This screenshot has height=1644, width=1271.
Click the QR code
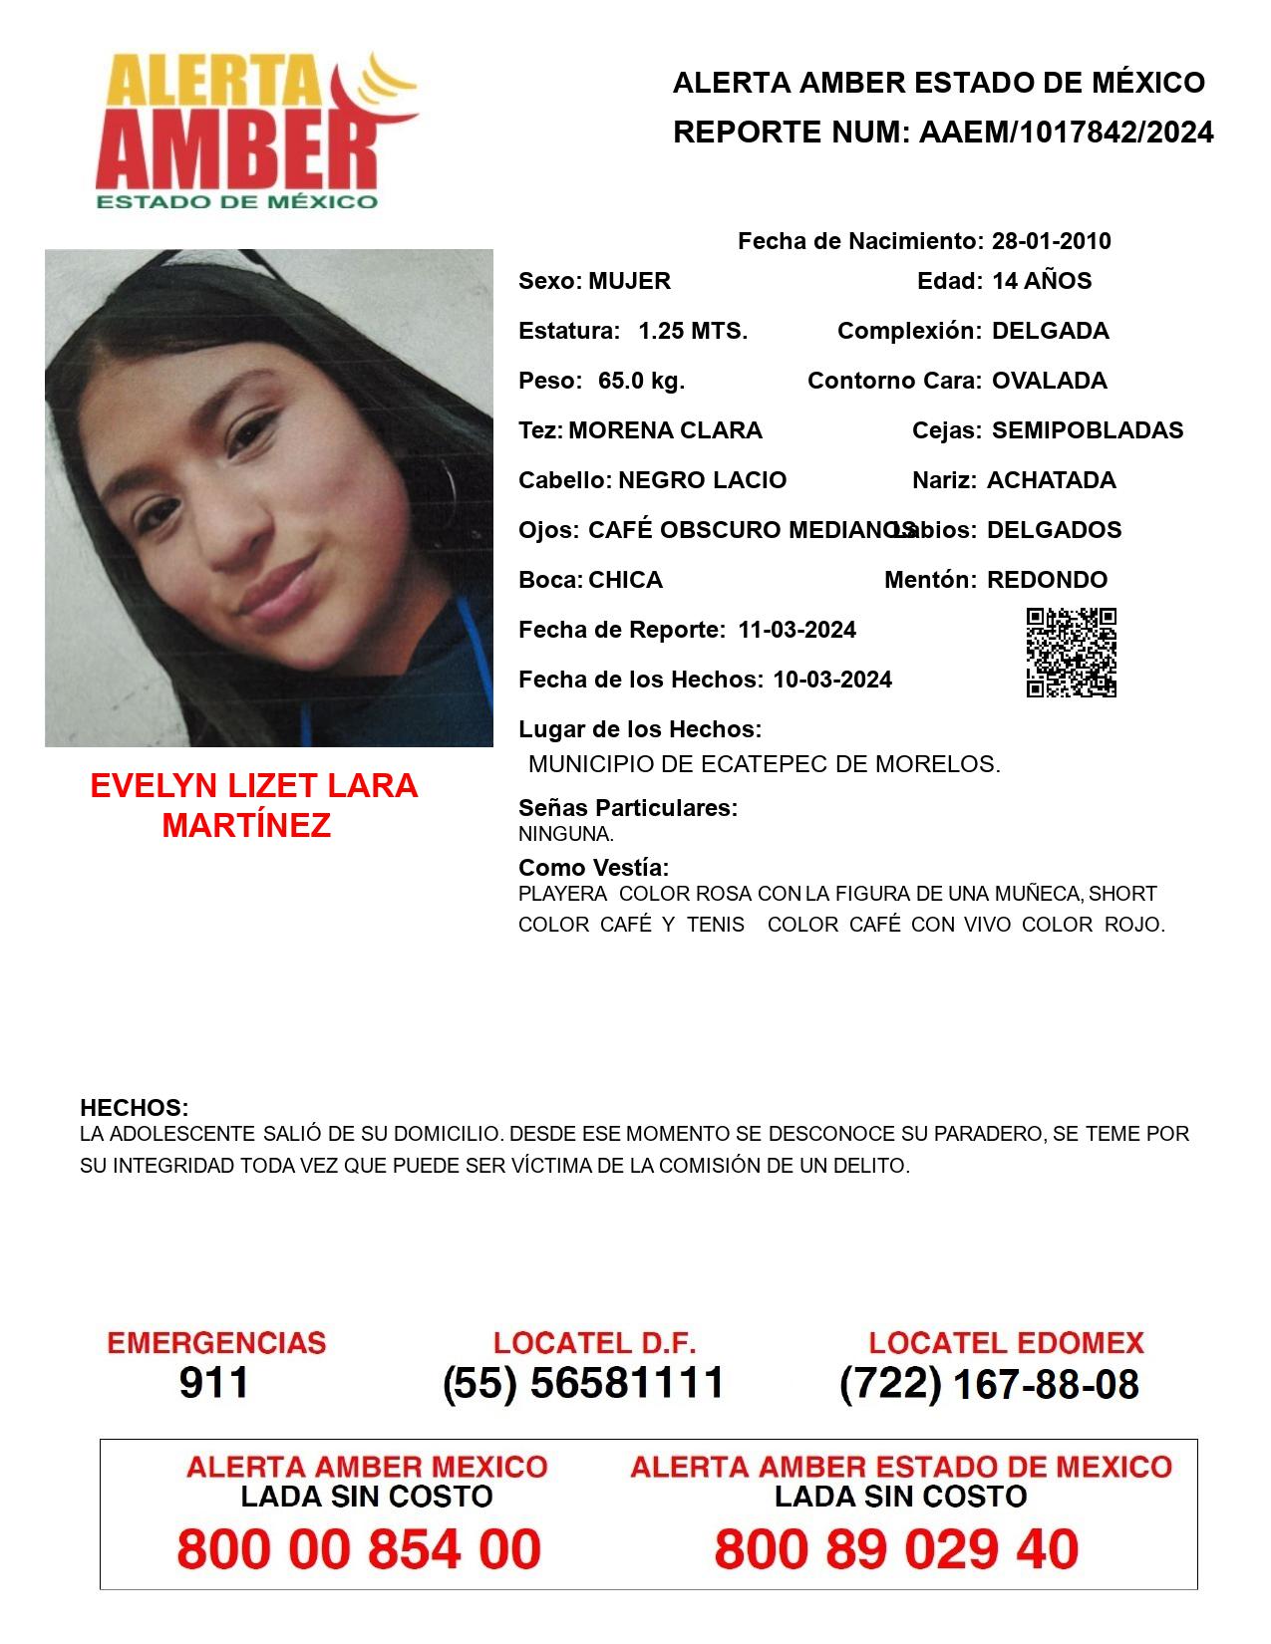(x=1072, y=653)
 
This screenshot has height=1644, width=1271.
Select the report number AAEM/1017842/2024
(x=1066, y=133)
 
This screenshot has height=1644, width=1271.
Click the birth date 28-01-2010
(x=1051, y=241)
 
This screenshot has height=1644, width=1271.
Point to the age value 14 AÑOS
(x=1042, y=281)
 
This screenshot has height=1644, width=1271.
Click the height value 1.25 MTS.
(x=693, y=331)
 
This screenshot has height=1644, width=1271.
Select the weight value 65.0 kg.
(x=641, y=381)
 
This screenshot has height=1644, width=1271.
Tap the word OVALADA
(x=1049, y=381)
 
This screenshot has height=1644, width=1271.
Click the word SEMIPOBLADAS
(x=1088, y=430)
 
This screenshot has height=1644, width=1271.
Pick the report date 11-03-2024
(x=796, y=630)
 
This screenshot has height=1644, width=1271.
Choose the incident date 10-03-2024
(x=832, y=680)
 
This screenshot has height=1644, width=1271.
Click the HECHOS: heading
(x=135, y=1108)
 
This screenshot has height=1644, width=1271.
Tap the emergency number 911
(x=214, y=1383)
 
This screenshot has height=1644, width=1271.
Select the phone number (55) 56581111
(x=584, y=1383)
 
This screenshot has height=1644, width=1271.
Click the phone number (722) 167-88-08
(x=989, y=1384)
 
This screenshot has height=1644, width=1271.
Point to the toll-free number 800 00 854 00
(x=359, y=1549)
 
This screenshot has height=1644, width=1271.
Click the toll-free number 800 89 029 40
(x=896, y=1549)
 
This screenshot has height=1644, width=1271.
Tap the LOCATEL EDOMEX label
(x=1006, y=1343)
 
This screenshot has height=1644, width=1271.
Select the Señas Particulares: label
(x=628, y=808)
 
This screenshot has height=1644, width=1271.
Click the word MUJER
(x=629, y=281)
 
